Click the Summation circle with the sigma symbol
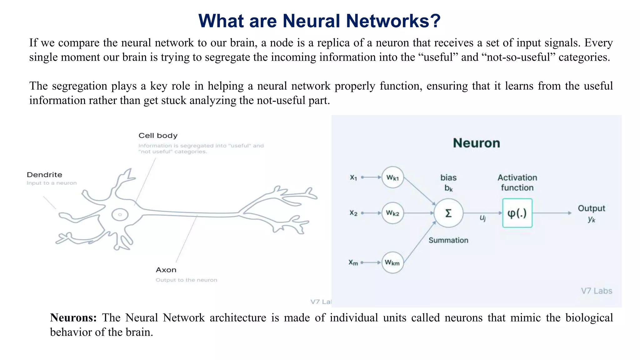pos(448,213)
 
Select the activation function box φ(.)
pos(517,213)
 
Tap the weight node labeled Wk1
pos(392,177)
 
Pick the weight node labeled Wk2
pos(392,213)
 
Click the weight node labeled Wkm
pos(392,262)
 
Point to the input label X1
pos(353,177)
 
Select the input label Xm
pos(353,262)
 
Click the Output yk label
pos(591,213)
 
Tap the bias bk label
pos(448,182)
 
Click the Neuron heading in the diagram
pos(477,143)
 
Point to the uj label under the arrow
pos(483,218)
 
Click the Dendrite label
pos(44,175)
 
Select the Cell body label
pos(158,136)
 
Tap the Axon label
pos(166,270)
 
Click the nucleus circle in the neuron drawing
pos(120,215)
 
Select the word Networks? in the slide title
pos(393,21)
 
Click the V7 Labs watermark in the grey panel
pos(596,291)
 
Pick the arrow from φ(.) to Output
pos(552,213)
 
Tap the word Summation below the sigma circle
pos(448,240)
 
